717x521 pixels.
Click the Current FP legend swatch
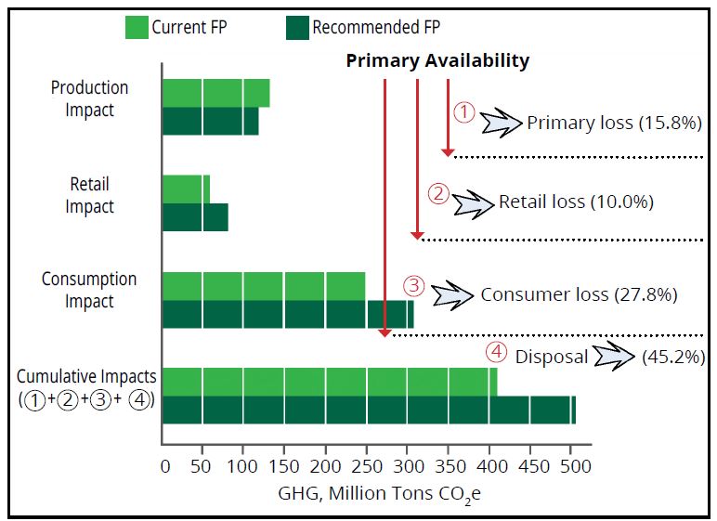click(137, 28)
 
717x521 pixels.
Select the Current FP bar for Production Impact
click(215, 94)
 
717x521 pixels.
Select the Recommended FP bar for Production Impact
click(210, 122)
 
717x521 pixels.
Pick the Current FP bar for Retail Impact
click(186, 189)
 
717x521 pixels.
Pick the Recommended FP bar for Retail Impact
click(195, 217)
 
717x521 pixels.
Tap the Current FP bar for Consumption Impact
click(264, 286)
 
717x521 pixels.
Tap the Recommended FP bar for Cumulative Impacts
click(369, 410)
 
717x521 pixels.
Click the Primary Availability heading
click(437, 61)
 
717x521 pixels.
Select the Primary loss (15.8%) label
click(614, 123)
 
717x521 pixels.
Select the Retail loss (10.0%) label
click(576, 202)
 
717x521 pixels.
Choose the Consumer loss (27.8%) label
click(579, 295)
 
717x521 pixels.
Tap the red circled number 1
click(464, 112)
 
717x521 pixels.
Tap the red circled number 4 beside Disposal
click(497, 354)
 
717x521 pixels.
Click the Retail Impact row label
click(90, 195)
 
